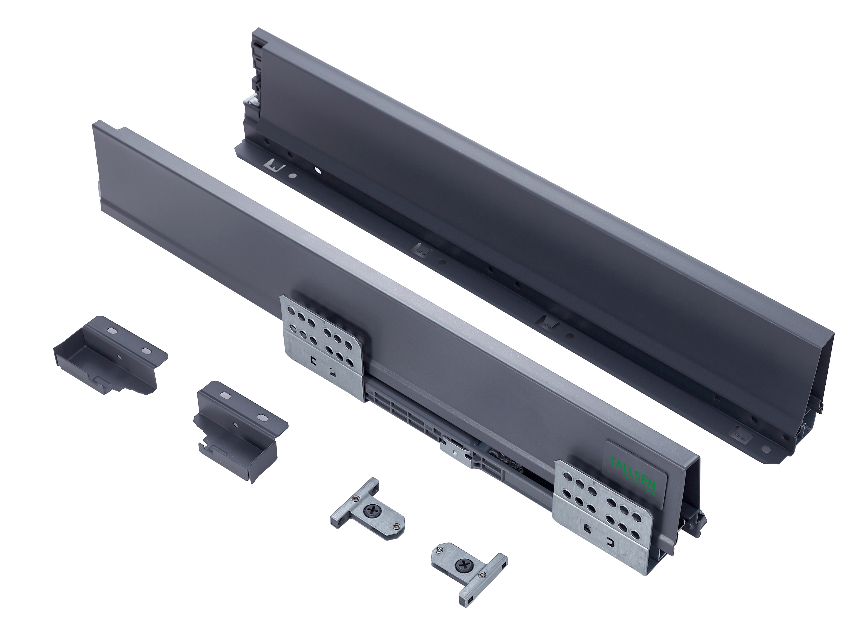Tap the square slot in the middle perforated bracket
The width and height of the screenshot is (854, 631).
point(313,360)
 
